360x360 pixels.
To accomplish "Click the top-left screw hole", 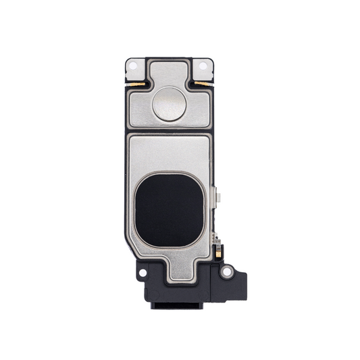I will tap(133, 66).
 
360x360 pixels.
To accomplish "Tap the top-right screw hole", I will tap(202, 66).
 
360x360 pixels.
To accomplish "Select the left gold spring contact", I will tap(136, 84).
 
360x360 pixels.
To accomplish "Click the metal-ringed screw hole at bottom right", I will tap(227, 271).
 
